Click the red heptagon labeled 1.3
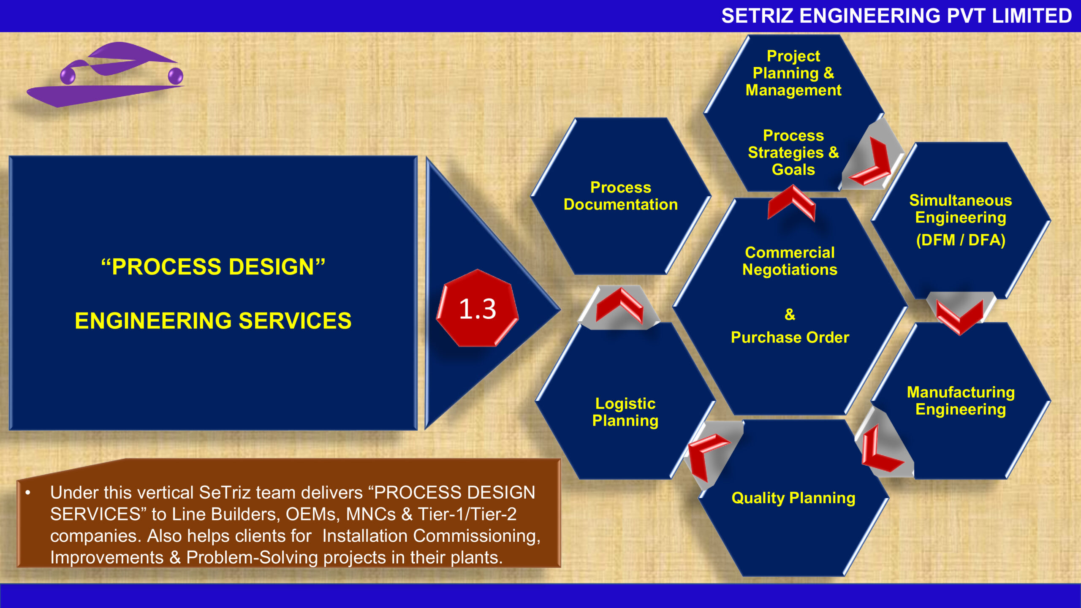477,309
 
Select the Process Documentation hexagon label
620,196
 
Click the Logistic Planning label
625,412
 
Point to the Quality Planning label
793,498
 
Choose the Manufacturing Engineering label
961,401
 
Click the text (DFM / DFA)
961,240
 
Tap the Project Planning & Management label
793,73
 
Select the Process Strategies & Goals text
793,152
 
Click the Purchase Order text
790,337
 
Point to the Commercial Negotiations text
790,261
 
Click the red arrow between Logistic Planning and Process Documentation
620,305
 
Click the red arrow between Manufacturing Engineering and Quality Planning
878,452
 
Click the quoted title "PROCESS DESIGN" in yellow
213,267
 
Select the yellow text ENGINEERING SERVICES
213,321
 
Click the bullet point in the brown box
28,493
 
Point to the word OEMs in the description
312,514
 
